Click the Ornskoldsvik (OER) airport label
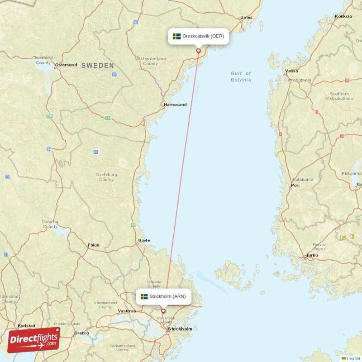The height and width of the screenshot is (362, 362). coord(199,36)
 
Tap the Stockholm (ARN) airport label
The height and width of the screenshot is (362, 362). coord(163,296)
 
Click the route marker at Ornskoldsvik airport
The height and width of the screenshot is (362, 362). coord(198,51)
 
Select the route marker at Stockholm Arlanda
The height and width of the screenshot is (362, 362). coord(163,311)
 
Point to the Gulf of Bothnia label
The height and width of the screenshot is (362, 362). coord(241,76)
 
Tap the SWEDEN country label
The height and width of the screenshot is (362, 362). coord(98,66)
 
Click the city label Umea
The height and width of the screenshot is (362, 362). coord(247,17)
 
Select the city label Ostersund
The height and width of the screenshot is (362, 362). coord(66,65)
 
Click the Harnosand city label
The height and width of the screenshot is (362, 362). coord(175,105)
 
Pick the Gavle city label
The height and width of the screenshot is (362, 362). coord(144,240)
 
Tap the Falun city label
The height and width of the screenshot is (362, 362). coord(94,245)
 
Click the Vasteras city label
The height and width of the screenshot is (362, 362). coord(127,311)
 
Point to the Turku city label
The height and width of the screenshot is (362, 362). coord(312,255)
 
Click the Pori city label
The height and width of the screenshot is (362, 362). coord(295,186)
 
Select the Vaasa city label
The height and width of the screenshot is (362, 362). coord(292,71)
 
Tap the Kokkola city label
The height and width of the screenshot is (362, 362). coord(343,16)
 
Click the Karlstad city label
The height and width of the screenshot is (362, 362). coord(26,325)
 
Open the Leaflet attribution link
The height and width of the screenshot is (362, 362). coord(353,358)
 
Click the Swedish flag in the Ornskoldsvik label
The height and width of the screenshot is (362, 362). coord(176,36)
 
